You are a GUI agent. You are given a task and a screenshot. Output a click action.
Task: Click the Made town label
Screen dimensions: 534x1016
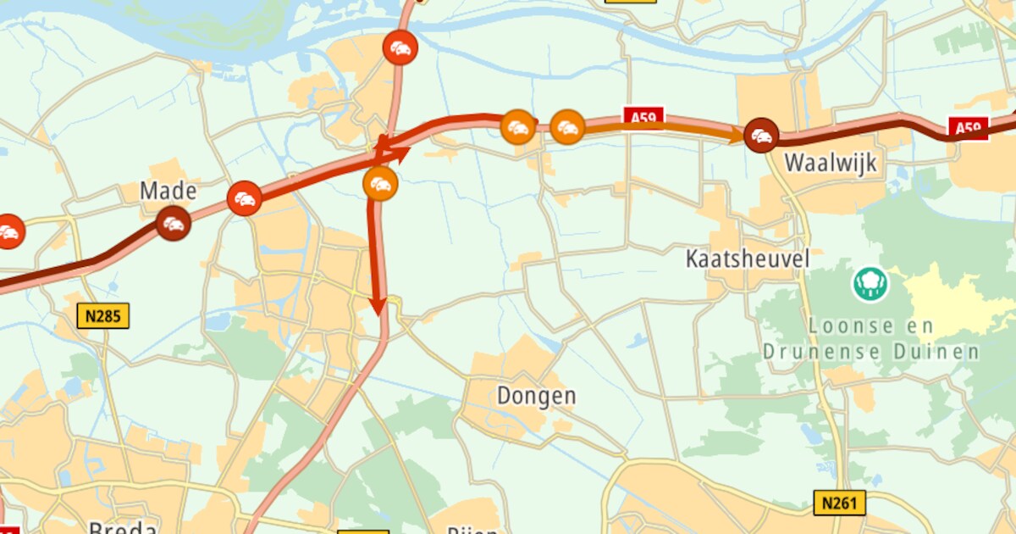pyautogui.click(x=168, y=191)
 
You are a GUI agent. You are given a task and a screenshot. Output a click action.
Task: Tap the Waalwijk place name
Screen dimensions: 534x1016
pyautogui.click(x=831, y=163)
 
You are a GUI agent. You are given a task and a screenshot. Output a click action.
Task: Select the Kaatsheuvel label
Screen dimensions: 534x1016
pyautogui.click(x=748, y=259)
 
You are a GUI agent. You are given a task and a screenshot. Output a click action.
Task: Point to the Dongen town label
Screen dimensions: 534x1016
pyautogui.click(x=536, y=396)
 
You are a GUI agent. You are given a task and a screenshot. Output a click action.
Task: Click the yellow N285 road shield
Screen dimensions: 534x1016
pyautogui.click(x=104, y=317)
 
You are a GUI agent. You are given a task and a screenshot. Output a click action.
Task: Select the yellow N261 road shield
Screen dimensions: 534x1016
pyautogui.click(x=839, y=503)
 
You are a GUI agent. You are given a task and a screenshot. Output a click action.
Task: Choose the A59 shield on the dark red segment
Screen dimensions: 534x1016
pyautogui.click(x=969, y=129)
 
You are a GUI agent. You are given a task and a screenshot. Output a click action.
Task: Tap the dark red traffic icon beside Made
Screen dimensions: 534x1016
pyautogui.click(x=174, y=224)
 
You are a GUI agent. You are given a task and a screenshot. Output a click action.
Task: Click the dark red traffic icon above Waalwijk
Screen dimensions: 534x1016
pyautogui.click(x=761, y=136)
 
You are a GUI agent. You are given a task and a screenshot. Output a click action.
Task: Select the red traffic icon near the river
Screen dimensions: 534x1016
pyautogui.click(x=400, y=47)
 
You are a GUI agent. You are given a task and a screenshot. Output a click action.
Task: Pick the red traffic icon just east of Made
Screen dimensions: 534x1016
pyautogui.click(x=245, y=198)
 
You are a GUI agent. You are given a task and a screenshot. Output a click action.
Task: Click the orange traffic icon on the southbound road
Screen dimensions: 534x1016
pyautogui.click(x=380, y=184)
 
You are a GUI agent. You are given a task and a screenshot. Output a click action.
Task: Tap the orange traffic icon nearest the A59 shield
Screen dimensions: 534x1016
pyautogui.click(x=568, y=127)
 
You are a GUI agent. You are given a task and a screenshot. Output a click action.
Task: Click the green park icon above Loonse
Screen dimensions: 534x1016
pyautogui.click(x=870, y=284)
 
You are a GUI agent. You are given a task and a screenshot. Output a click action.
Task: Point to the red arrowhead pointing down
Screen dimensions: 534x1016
pyautogui.click(x=378, y=305)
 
